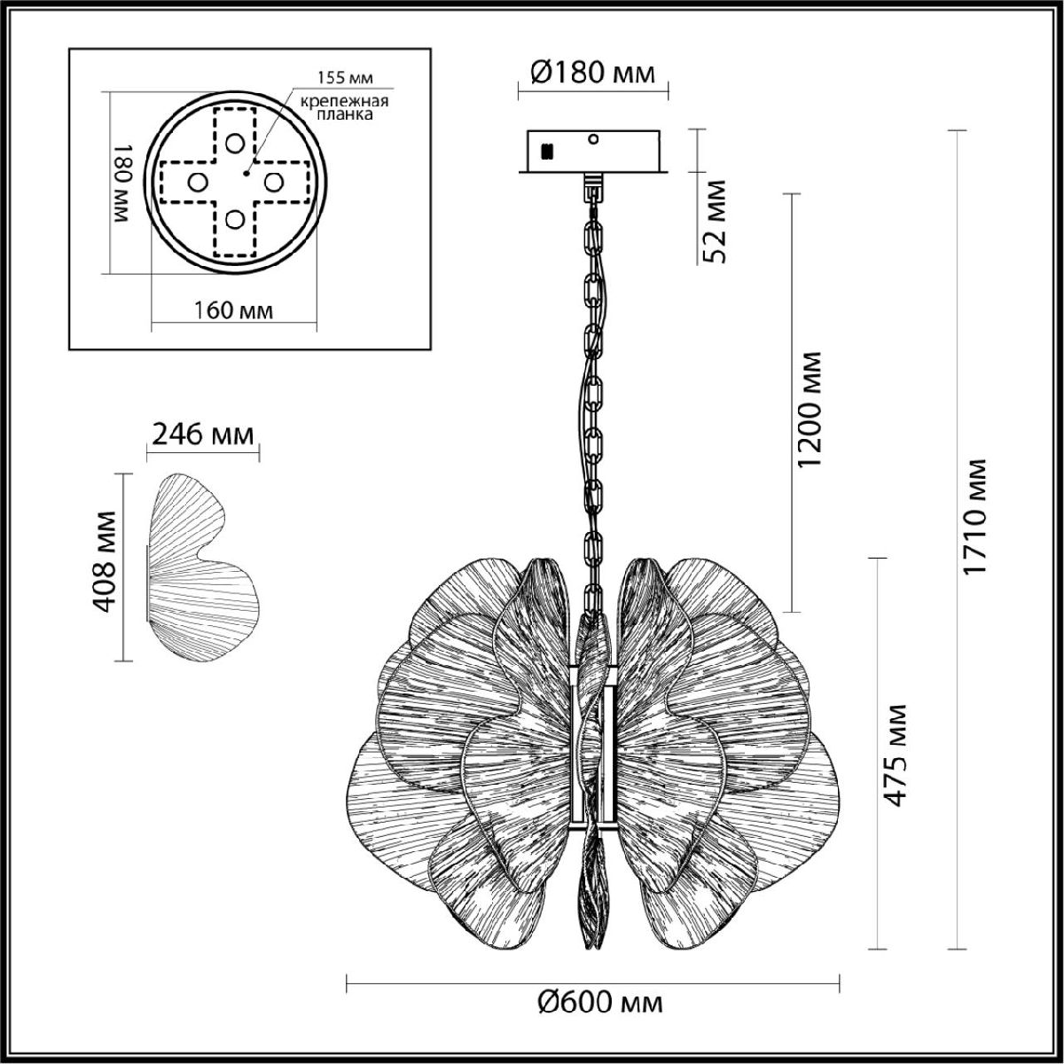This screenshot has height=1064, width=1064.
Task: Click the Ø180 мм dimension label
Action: pos(592,73)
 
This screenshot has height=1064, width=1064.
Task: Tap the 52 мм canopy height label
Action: pos(716,221)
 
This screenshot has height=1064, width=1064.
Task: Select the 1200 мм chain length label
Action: pos(810,409)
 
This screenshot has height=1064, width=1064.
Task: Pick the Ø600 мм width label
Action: pos(600,1002)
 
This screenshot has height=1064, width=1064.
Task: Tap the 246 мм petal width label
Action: pos(203,434)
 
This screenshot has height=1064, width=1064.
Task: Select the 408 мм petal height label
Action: pos(104,561)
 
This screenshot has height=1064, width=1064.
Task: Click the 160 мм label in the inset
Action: pos(233,310)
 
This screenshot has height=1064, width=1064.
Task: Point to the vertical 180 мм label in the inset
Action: pos(122,184)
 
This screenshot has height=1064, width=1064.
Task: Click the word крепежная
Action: pos(344,102)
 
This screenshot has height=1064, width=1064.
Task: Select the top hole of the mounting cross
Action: pos(235,143)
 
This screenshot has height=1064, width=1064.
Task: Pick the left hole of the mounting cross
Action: pos(197,182)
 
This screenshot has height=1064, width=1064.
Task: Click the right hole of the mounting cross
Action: pos(273,182)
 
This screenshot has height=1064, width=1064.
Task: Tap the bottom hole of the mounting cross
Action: pos(235,219)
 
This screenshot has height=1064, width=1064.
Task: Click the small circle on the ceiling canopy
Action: pos(593,139)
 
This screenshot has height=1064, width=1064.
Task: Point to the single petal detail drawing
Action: pos(203,567)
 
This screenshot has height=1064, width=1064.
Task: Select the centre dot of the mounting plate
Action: pos(246,173)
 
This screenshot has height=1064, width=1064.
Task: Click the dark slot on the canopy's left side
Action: pos(548,150)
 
